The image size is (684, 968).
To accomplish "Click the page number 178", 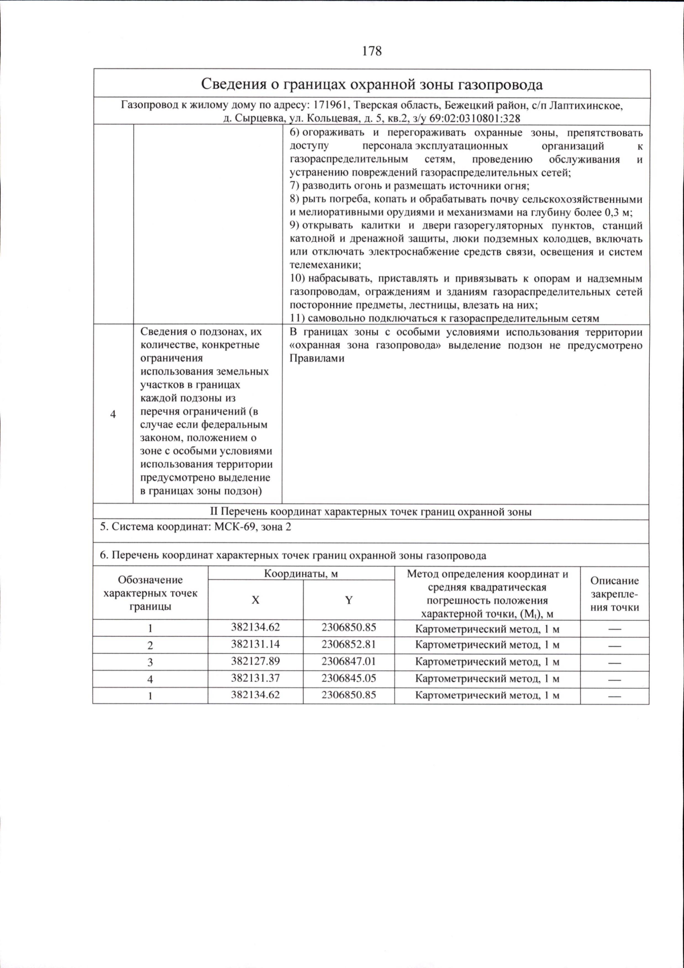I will point(372,51).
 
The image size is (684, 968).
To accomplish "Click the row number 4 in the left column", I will point(113,414).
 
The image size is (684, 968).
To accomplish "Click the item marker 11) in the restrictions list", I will point(300,318).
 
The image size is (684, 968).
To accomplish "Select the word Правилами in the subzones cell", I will point(317,359).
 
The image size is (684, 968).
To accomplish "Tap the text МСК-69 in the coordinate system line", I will point(234,526).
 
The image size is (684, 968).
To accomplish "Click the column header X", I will point(255,600).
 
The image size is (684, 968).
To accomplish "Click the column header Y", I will point(348,600).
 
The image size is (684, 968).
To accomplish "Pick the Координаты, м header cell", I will point(301,574).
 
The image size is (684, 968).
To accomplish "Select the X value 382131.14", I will point(255,644).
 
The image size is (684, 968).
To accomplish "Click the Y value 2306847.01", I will point(348,661).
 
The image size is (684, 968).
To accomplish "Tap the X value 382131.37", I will point(255,678).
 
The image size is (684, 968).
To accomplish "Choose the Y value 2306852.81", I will point(348,644).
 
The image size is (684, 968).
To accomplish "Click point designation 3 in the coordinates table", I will point(150,662).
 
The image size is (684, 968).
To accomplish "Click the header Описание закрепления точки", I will point(614,594).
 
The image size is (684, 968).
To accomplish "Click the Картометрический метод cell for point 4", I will point(487,679).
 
